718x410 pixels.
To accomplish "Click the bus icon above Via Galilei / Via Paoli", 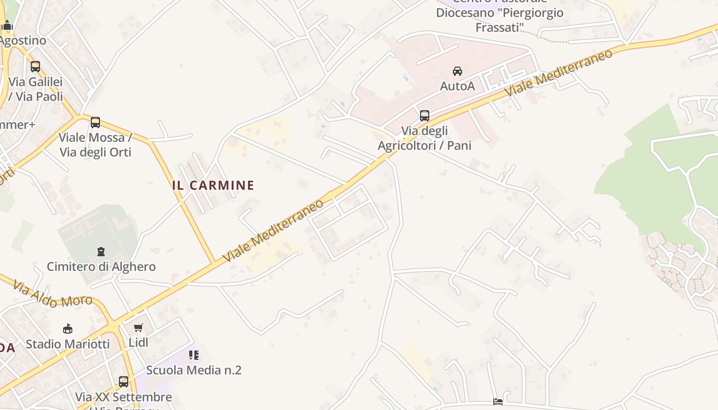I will (x=35, y=66).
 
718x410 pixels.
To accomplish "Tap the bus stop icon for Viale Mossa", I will (x=95, y=122).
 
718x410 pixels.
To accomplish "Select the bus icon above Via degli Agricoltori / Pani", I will (x=425, y=115).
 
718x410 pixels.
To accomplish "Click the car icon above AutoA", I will (x=457, y=71).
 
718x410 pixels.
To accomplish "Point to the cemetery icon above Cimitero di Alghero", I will (x=101, y=252).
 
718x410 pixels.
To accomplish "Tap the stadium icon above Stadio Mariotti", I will (x=68, y=329).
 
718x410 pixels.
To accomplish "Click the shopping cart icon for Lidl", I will (x=138, y=327).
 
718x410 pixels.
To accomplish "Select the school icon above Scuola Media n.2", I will (x=193, y=355).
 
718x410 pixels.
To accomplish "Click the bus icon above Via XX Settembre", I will (x=124, y=382).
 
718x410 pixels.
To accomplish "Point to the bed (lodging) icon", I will (x=498, y=401).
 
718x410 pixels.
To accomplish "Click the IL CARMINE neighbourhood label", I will (x=213, y=185).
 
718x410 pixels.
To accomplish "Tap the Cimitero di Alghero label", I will (x=101, y=266).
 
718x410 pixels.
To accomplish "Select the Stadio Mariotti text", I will (x=68, y=343).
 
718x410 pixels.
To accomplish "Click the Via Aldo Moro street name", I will (x=53, y=294).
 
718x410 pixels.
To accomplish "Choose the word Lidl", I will (x=138, y=342).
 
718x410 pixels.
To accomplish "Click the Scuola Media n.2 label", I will (x=193, y=370).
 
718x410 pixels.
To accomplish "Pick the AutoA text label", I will (x=457, y=86).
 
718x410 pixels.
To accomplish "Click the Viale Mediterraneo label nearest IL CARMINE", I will (x=274, y=230).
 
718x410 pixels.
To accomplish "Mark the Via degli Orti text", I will (x=95, y=152).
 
